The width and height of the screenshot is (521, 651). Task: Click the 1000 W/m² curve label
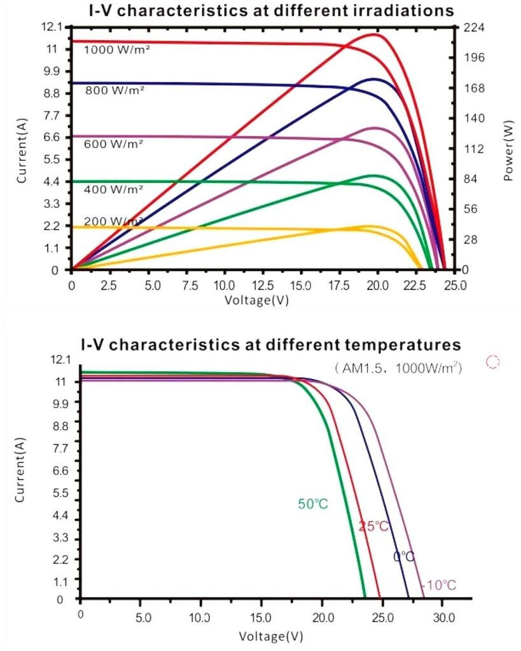pyautogui.click(x=117, y=49)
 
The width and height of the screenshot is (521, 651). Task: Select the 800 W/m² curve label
pyautogui.click(x=115, y=90)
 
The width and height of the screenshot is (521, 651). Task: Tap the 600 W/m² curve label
pyautogui.click(x=114, y=144)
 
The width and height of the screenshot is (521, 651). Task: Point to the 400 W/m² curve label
pyautogui.click(x=114, y=189)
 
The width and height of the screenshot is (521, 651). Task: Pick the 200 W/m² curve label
pyautogui.click(x=113, y=221)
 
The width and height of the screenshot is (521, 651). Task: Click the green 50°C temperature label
pyautogui.click(x=313, y=504)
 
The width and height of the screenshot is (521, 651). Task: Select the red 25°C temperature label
pyautogui.click(x=373, y=526)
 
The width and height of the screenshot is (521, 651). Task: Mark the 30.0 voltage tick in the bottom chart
pyautogui.click(x=443, y=617)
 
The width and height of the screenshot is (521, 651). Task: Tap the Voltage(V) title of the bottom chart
pyautogui.click(x=271, y=636)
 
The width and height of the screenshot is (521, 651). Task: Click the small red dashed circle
pyautogui.click(x=492, y=362)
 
